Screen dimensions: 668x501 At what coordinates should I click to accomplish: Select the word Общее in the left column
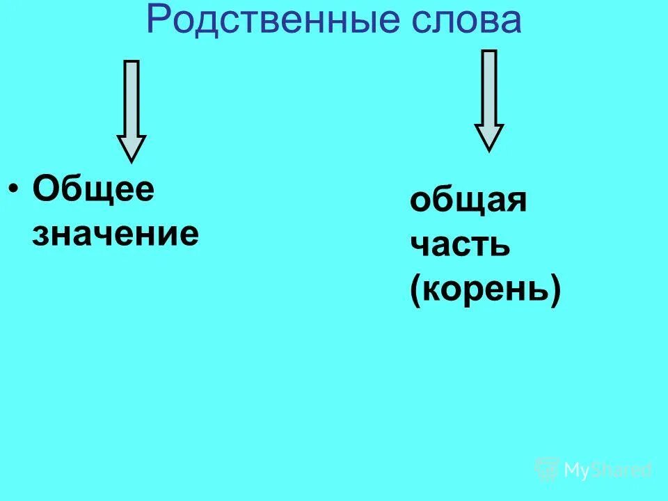(93, 189)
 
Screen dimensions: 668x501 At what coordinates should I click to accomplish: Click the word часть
(460, 246)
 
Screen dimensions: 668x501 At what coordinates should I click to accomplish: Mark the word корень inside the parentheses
(486, 290)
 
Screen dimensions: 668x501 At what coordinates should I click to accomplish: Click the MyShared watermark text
(609, 470)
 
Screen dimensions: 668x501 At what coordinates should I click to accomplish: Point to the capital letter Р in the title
(159, 21)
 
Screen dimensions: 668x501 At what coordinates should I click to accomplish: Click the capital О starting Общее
(46, 189)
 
